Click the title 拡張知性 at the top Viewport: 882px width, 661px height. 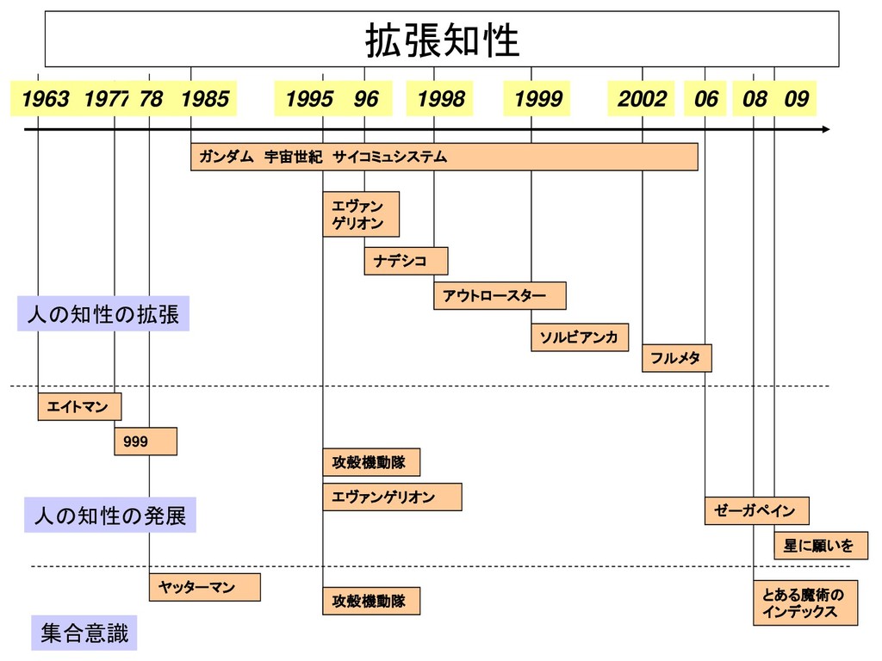(x=442, y=40)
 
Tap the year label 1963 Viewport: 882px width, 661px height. (x=46, y=99)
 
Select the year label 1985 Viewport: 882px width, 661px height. (x=205, y=99)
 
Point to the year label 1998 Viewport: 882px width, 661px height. (x=440, y=99)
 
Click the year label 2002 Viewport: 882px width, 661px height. (x=642, y=99)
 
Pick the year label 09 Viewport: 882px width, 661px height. (x=797, y=99)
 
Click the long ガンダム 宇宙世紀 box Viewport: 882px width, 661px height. (x=444, y=157)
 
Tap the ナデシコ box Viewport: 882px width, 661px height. (x=406, y=261)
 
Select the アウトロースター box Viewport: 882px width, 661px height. (x=500, y=295)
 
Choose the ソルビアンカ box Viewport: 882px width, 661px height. (x=579, y=337)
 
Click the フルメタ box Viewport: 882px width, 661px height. (x=676, y=357)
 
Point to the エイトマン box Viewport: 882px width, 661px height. (x=79, y=406)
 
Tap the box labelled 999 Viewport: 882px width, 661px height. (x=145, y=441)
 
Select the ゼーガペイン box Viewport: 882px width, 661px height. (x=757, y=510)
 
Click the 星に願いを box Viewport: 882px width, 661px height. (x=820, y=545)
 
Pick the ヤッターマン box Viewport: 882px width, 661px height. (x=204, y=586)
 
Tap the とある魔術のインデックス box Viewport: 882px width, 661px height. (x=805, y=603)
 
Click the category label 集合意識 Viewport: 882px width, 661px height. (x=84, y=634)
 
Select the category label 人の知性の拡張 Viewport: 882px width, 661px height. (x=103, y=314)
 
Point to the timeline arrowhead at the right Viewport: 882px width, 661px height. (x=826, y=129)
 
